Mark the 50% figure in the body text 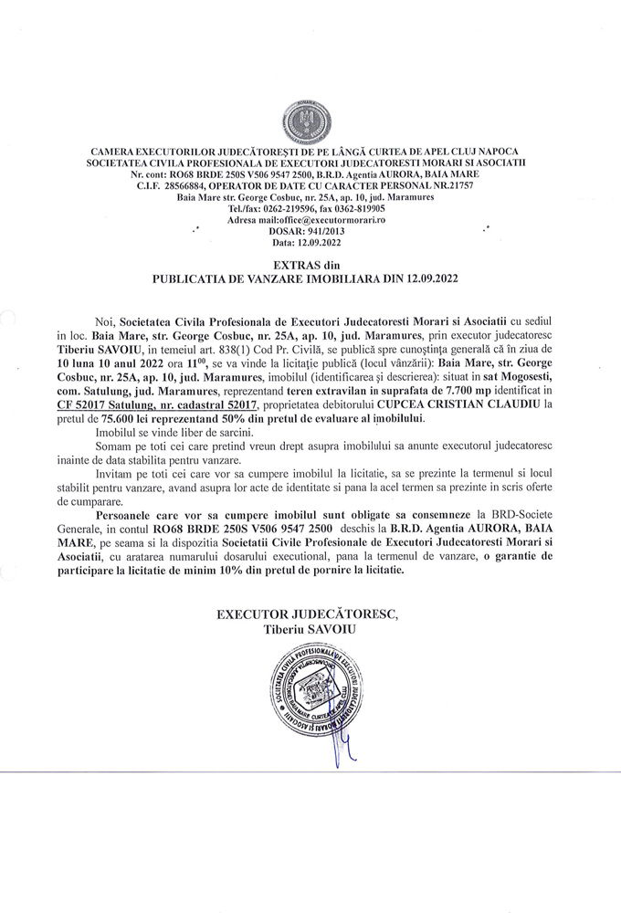(251, 417)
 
